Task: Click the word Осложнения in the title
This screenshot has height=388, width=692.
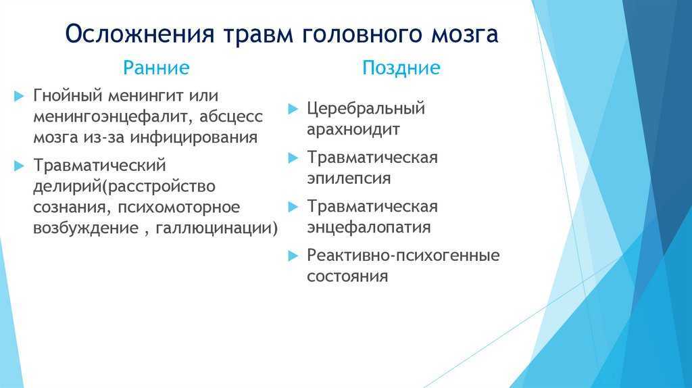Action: point(140,34)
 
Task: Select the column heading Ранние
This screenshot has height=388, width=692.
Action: point(156,68)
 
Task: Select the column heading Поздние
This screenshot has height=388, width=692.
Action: point(401,68)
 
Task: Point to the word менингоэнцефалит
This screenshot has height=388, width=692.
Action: point(113,116)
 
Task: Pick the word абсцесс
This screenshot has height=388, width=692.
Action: point(231,116)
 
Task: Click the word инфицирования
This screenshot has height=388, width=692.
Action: point(194,137)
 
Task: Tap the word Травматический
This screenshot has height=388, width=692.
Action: point(100,165)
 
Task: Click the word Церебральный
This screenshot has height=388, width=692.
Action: point(366,109)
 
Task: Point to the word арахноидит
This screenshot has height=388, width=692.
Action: point(353,129)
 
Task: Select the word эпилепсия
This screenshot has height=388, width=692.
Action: point(349,178)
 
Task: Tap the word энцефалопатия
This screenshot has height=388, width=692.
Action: point(369,228)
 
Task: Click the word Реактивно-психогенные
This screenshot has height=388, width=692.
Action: point(403,255)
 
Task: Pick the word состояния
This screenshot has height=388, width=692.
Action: point(348,276)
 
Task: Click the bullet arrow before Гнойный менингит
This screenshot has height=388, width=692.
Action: point(19,96)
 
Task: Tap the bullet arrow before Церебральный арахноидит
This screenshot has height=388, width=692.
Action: point(293,109)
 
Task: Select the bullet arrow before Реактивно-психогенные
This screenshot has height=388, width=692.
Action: point(293,256)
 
